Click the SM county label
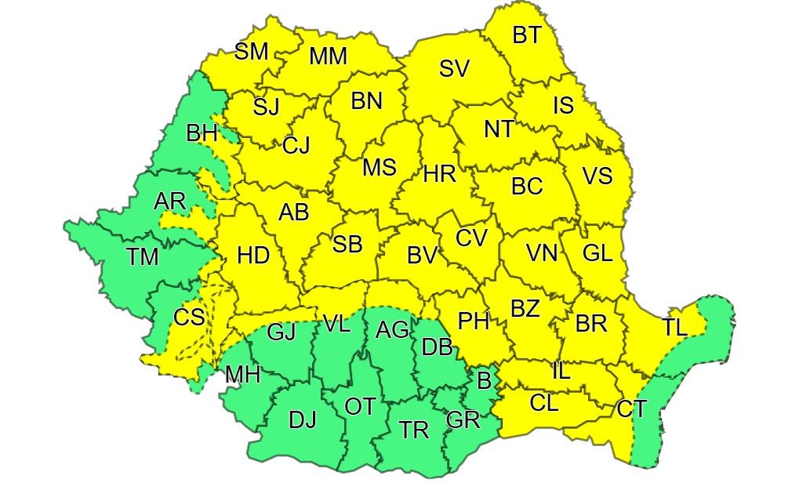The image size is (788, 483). tap(252, 52)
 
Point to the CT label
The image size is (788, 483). tap(632, 408)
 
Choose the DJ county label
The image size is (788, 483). tap(302, 420)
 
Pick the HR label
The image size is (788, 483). tap(440, 176)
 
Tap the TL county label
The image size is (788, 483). tap(674, 328)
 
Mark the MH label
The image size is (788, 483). tap(242, 375)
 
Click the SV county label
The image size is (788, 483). tap(454, 69)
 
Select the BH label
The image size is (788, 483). tap(202, 134)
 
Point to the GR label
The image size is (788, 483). tap(463, 419)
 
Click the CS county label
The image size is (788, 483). tap(189, 318)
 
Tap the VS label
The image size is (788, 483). tap(597, 176)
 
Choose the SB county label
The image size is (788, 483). tap(347, 245)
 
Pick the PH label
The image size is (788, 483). tap(474, 321)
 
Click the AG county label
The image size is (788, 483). tap(392, 331)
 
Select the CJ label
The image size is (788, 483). tap(296, 145)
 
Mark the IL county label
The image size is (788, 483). tap(561, 372)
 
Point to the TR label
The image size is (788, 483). tap(414, 430)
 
